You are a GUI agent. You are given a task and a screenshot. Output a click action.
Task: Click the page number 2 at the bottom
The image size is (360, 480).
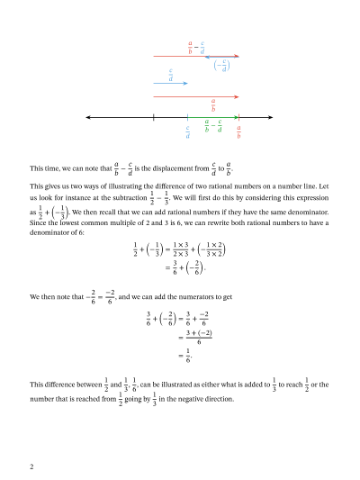[31, 466]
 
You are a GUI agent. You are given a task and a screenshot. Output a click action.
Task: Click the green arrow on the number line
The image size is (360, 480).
[213, 117]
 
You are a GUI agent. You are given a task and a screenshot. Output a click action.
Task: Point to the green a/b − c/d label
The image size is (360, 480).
[213, 127]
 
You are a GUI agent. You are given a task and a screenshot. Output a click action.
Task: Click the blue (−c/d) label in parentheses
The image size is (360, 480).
[220, 65]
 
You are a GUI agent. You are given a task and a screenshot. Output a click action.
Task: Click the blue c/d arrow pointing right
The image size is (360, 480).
[171, 84]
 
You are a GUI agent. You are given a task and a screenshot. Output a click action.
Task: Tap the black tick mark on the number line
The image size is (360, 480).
[154, 117]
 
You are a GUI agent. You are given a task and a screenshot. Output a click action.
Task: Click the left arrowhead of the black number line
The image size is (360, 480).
[87, 117]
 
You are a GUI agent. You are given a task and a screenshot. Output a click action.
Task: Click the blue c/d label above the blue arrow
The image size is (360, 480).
[170, 74]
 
